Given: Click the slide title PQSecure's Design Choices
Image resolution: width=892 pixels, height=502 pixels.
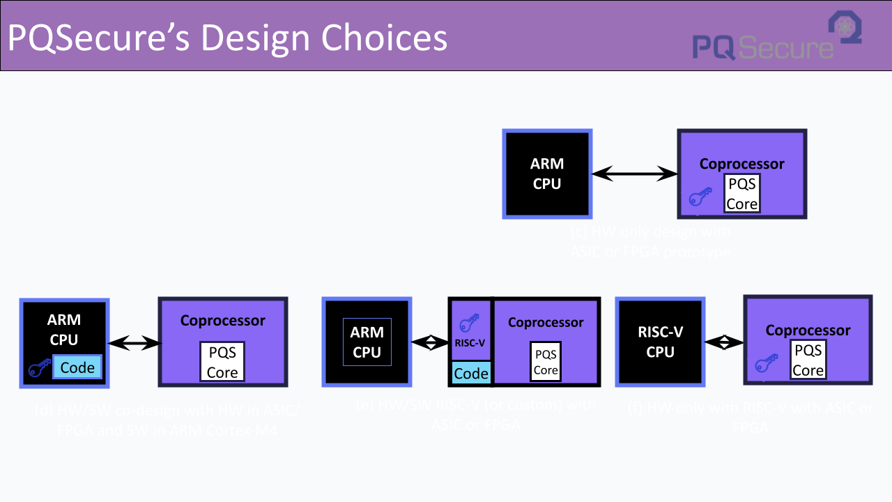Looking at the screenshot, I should pos(227,37).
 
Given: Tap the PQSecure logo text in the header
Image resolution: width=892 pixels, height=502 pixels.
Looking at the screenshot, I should pos(762,47).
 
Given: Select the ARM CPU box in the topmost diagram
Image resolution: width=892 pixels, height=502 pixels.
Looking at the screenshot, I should pos(547,174).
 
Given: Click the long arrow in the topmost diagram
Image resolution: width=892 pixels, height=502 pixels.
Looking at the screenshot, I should pos(634,174).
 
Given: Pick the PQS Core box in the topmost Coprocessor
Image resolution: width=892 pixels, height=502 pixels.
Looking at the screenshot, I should pos(741,193).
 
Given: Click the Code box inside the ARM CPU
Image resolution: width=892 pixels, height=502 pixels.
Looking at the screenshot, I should pos(77,367).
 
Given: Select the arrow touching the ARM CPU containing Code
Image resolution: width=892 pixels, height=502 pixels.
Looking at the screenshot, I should pos(134,342).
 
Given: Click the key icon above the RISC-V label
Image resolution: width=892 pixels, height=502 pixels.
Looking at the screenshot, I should pos(470,324).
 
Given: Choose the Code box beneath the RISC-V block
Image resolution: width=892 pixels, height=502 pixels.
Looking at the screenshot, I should pos(471,373).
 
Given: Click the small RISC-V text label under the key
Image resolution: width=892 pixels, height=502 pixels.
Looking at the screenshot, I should pos(470,343).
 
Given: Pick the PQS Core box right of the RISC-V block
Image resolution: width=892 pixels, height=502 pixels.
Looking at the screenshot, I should pos(546,363).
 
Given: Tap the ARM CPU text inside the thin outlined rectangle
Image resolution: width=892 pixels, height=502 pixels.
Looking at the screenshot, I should pos(367,342).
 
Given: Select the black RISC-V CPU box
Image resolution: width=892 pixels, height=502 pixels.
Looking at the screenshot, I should pos(660,342).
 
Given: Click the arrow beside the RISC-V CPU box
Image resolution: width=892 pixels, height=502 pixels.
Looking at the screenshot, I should pos(725,342).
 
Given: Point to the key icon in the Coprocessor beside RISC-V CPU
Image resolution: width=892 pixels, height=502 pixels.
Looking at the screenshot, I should pos(766,364).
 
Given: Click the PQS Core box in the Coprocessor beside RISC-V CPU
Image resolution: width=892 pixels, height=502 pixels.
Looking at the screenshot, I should pos(808,360).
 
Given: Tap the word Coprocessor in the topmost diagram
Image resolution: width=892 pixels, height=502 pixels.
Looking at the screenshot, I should pos(741,164).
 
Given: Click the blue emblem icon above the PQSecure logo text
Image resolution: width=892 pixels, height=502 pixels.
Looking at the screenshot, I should pos(845,26).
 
